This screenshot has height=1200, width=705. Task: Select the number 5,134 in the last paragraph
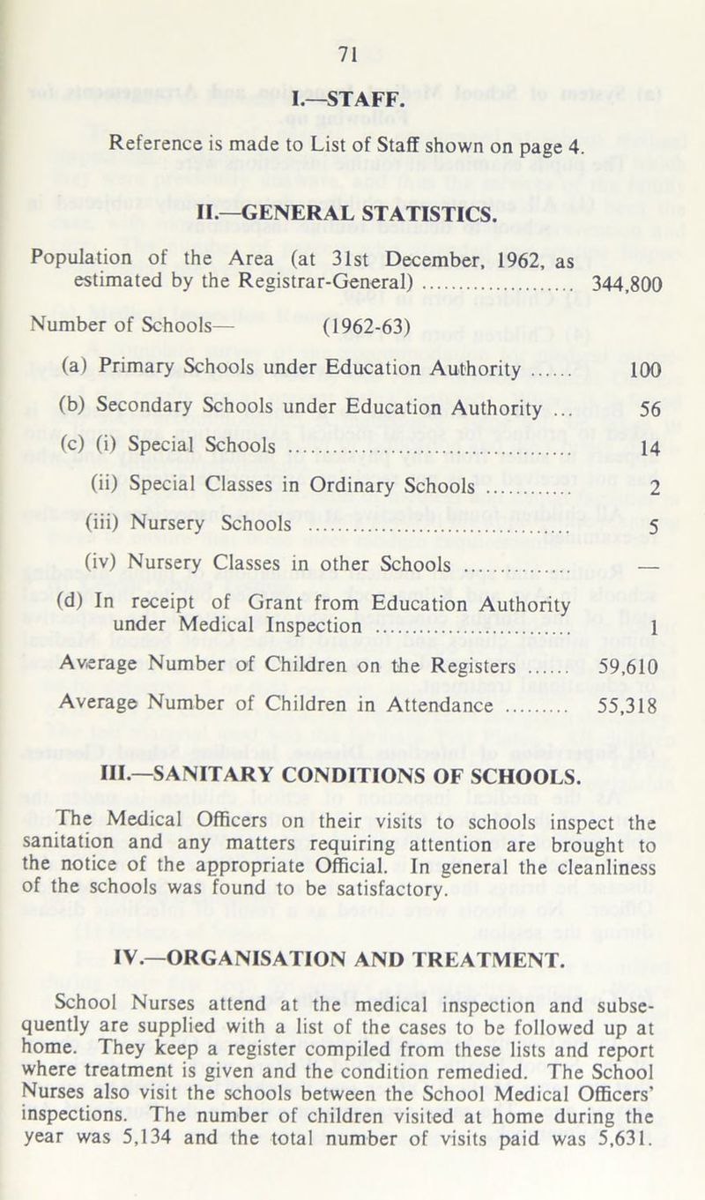[207, 1175]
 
